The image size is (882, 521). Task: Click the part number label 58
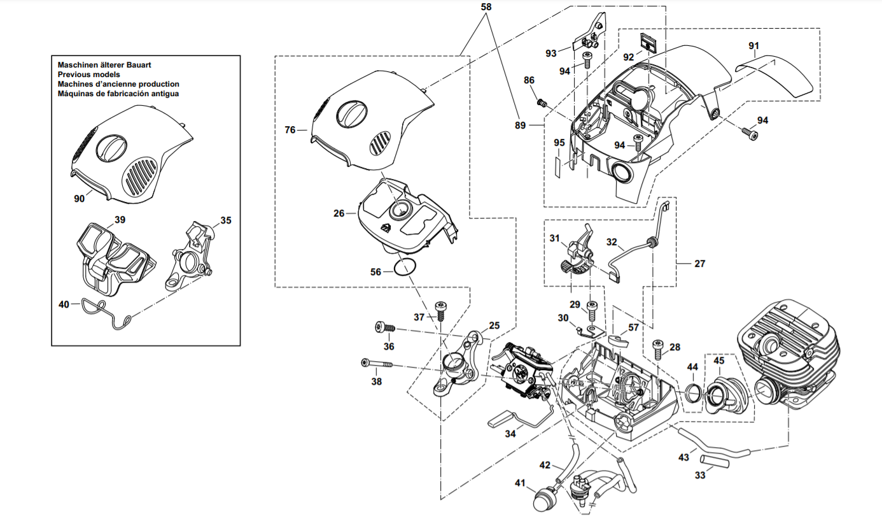(x=486, y=7)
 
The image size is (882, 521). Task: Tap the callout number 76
(x=290, y=130)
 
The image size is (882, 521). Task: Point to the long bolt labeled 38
(x=377, y=363)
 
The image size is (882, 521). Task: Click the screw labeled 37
(x=440, y=311)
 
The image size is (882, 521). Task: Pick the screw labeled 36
(x=384, y=327)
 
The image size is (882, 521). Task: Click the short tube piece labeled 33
(x=714, y=461)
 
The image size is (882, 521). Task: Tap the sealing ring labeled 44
(x=694, y=392)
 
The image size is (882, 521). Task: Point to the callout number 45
(x=718, y=360)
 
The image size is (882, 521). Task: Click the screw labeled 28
(x=659, y=350)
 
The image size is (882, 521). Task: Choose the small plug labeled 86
(x=542, y=103)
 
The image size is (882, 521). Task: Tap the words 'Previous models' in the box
(x=89, y=75)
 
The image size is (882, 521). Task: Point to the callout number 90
(x=80, y=199)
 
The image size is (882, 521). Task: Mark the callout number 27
(x=700, y=263)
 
